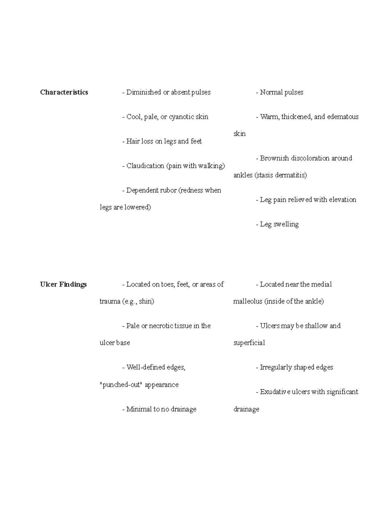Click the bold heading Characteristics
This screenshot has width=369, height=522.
(x=64, y=92)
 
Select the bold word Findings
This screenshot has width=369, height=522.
(x=73, y=284)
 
